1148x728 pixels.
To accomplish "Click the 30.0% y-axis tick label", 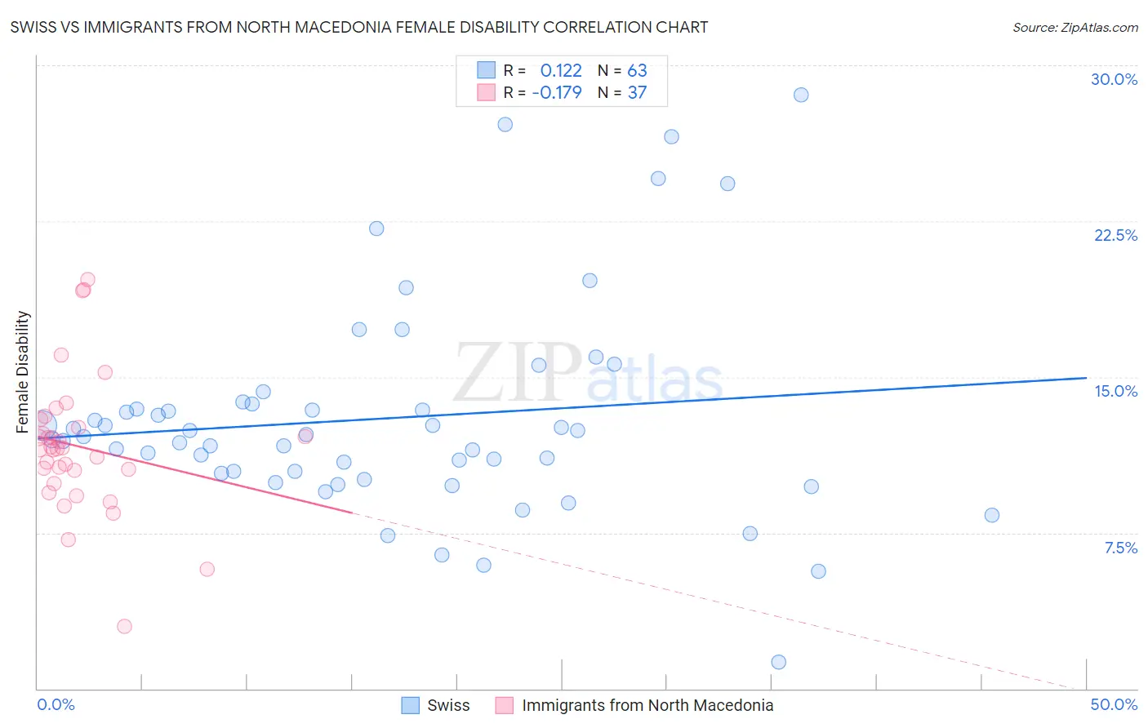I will pos(1114,79).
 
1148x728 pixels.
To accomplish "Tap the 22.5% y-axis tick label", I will pos(1115,235).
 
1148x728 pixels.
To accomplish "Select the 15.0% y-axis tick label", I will pos(1115,391).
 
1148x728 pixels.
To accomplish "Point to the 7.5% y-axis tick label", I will pos(1120,548).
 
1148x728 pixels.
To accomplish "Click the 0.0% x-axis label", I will pos(56,704).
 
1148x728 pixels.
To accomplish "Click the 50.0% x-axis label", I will pos(1114,704).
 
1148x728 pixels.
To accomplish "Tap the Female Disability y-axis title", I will pos(23,371).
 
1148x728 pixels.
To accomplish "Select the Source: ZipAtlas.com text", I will pos(1075,27).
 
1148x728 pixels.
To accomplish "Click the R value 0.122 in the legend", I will pos(561,70).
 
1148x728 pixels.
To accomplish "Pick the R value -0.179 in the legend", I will pos(557,92).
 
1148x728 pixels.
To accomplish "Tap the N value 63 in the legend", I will pos(637,70).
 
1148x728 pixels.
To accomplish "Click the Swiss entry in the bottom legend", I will pos(448,705).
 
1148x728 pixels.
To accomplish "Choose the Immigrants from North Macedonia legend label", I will pos(647,705).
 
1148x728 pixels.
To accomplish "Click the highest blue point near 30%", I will pos(801,95).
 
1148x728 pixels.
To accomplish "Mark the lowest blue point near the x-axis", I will pos(778,662).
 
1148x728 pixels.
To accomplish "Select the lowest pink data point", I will pos(124,626).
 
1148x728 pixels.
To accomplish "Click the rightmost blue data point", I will pos(991,515).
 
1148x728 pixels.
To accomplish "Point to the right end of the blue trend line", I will pos(1085,378).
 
